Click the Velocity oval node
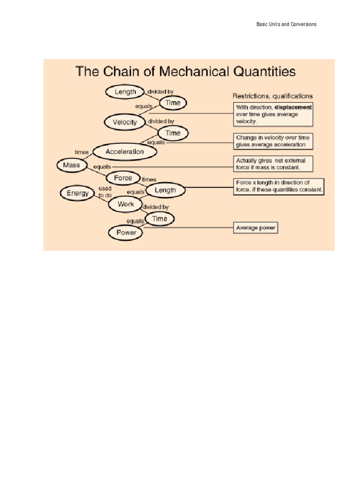[x=125, y=122]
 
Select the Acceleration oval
[x=125, y=151]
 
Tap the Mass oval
[x=71, y=165]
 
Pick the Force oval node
[x=123, y=178]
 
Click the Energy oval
[x=77, y=193]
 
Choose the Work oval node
[x=126, y=204]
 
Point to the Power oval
[x=126, y=232]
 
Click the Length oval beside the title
[x=125, y=92]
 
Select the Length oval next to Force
[x=165, y=190]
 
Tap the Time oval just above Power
[x=159, y=218]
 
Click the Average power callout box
[x=256, y=228]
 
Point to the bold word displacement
[x=293, y=107]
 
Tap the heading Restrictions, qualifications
[x=273, y=96]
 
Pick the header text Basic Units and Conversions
[x=286, y=24]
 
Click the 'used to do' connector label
[x=105, y=192]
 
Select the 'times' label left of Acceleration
[x=82, y=152]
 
